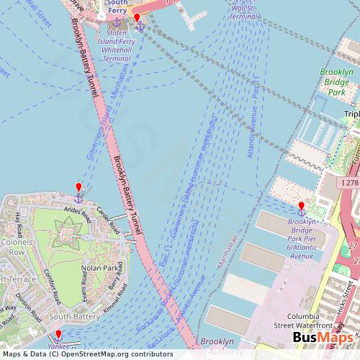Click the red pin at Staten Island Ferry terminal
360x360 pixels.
[137, 18]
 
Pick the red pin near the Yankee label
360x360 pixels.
[58, 334]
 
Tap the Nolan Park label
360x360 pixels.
[100, 268]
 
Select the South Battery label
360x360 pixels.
[75, 315]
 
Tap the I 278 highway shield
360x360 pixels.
[348, 184]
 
